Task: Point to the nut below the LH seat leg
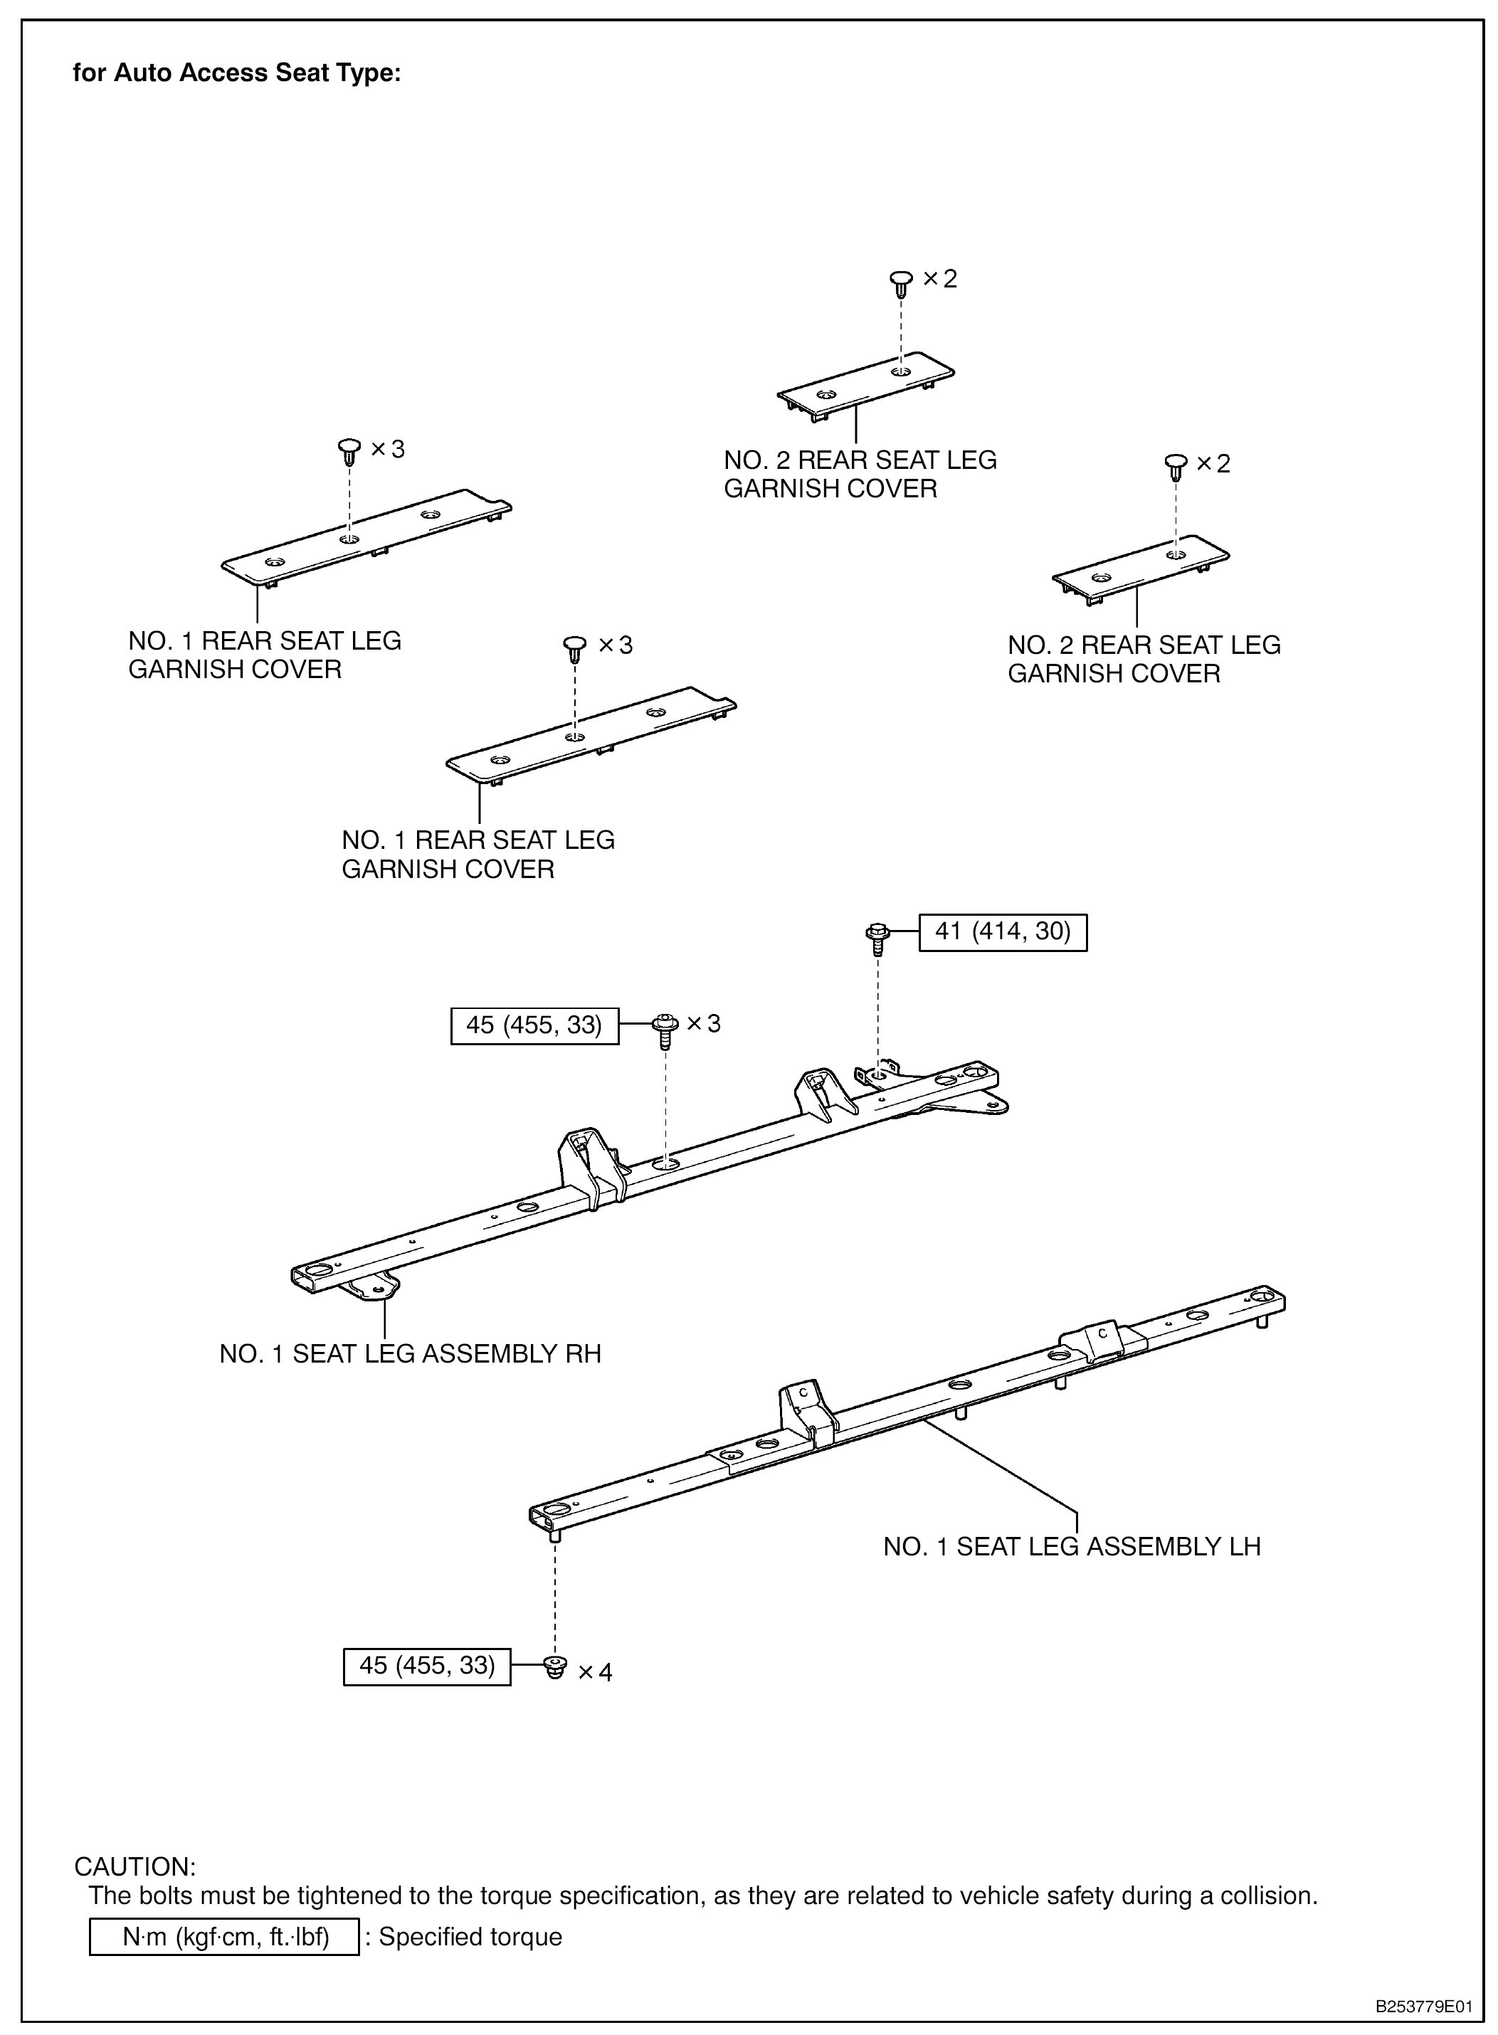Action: pos(555,1667)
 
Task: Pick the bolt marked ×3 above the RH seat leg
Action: pos(665,1030)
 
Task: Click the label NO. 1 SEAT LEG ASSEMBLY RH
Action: pos(410,1353)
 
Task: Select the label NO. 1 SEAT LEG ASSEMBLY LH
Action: pos(1072,1546)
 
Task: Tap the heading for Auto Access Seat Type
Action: pos(237,73)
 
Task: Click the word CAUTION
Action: pos(134,1866)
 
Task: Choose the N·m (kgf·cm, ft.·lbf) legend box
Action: pos(224,1937)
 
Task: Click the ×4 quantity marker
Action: pos(595,1672)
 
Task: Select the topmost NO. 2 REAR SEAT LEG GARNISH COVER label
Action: pos(860,474)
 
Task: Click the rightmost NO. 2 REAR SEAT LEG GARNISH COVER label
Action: pos(1144,659)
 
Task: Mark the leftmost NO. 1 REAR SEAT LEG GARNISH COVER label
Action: pos(264,655)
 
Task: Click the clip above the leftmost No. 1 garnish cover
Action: pos(350,450)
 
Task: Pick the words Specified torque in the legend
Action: pos(470,1937)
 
